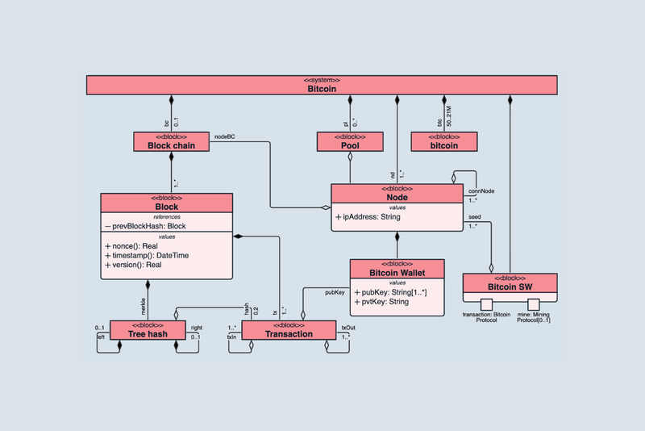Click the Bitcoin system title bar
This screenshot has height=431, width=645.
tap(322, 85)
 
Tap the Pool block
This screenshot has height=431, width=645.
tap(350, 142)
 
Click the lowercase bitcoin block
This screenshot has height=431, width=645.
tap(443, 142)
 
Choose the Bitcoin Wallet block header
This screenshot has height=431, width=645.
tap(397, 269)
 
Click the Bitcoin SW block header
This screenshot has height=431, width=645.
tap(510, 283)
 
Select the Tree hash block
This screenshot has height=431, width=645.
tap(148, 329)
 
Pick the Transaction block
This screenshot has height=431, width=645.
tap(289, 329)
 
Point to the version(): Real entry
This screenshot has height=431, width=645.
tap(138, 265)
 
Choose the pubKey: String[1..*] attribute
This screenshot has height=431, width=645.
tap(389, 292)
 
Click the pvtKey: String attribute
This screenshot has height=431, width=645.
tap(381, 302)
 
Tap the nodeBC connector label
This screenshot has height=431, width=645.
tap(225, 137)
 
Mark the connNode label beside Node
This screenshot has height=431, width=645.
tap(481, 190)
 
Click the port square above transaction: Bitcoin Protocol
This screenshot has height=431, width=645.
tap(485, 304)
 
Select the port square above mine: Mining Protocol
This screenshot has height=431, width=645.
tap(533, 304)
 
